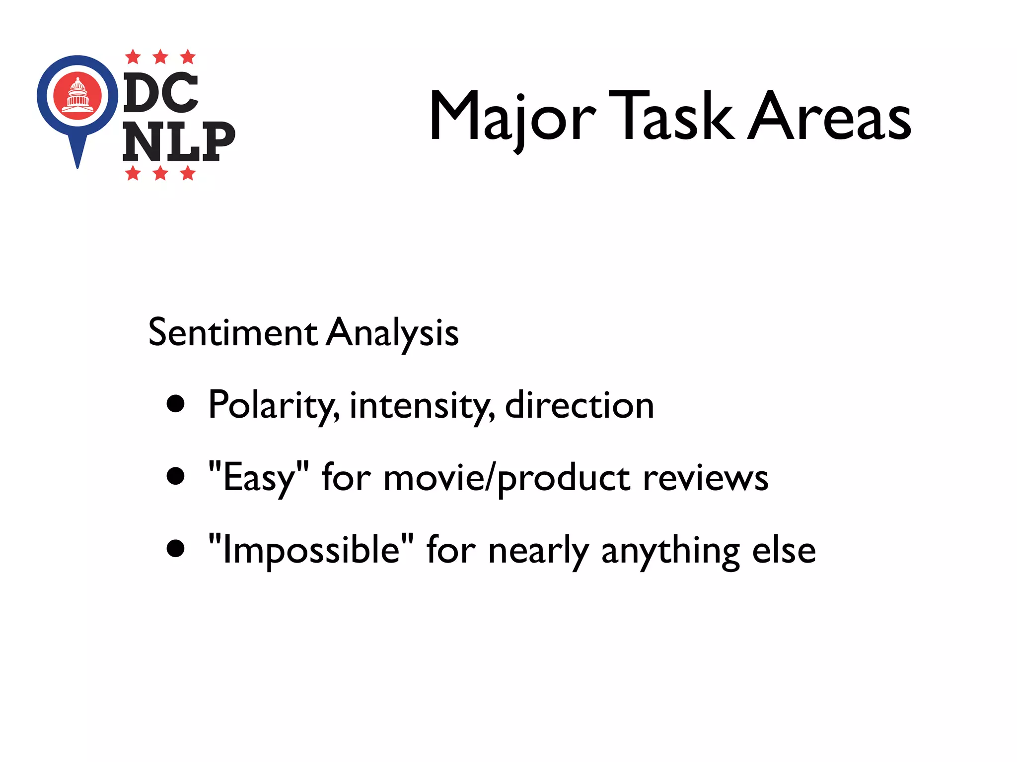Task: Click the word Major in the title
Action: coord(512,118)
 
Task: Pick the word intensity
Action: coord(422,406)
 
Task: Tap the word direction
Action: coord(579,405)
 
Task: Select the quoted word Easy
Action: coord(258,477)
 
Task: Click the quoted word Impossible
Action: coord(311,550)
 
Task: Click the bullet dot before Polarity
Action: coord(176,404)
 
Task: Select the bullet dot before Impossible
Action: coord(176,549)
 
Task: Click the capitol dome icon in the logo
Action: coord(77,95)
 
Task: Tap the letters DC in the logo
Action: coord(160,93)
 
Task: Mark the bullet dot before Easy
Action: coord(176,476)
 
